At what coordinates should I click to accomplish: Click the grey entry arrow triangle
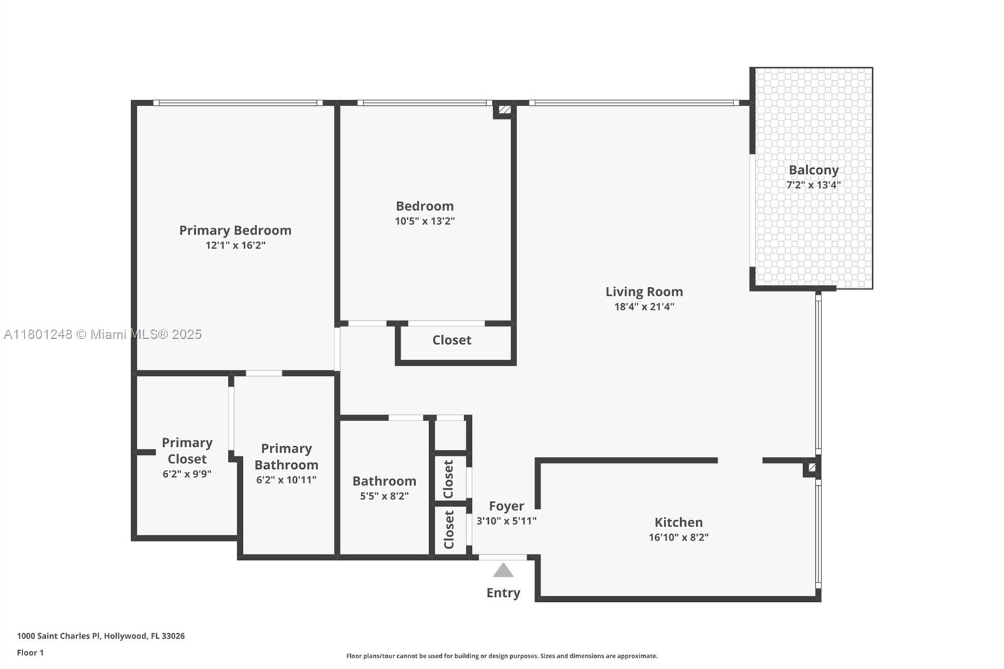503,570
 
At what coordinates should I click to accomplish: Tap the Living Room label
644,292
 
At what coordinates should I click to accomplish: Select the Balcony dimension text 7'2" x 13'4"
813,185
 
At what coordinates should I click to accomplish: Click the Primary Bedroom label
235,230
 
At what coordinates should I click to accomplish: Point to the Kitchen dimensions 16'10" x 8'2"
678,537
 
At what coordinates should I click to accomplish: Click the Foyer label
506,506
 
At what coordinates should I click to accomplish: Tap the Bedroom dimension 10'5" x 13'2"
425,221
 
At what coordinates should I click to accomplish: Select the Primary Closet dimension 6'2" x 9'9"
187,474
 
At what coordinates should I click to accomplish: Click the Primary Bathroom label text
286,456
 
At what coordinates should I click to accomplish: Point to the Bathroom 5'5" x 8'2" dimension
384,496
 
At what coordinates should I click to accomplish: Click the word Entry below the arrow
503,593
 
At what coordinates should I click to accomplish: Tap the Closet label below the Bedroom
452,340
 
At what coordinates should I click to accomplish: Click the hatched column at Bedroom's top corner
505,110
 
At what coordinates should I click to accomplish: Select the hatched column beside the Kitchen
812,468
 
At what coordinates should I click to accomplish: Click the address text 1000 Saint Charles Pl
60,636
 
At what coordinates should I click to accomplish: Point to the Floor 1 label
31,653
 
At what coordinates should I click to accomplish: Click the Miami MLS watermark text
103,334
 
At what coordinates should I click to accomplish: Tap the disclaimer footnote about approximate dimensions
502,656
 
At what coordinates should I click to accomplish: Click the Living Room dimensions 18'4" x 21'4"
644,307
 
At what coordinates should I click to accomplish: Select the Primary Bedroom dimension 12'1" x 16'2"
235,245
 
